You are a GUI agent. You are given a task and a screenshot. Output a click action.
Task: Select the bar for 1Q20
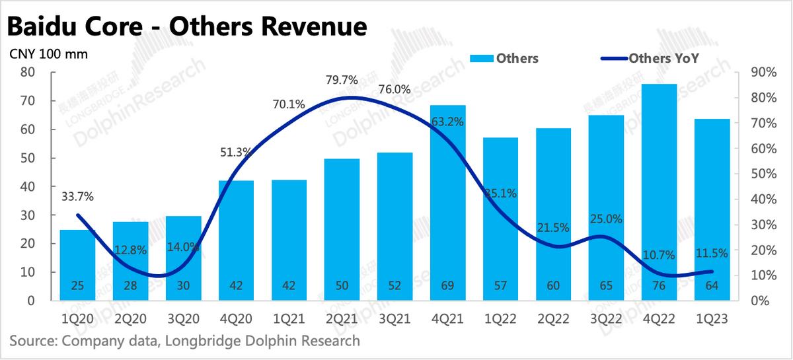pos(77,264)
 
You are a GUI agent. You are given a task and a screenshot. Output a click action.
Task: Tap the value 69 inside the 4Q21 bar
pos(447,285)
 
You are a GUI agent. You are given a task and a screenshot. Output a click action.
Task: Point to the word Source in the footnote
pos(32,341)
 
